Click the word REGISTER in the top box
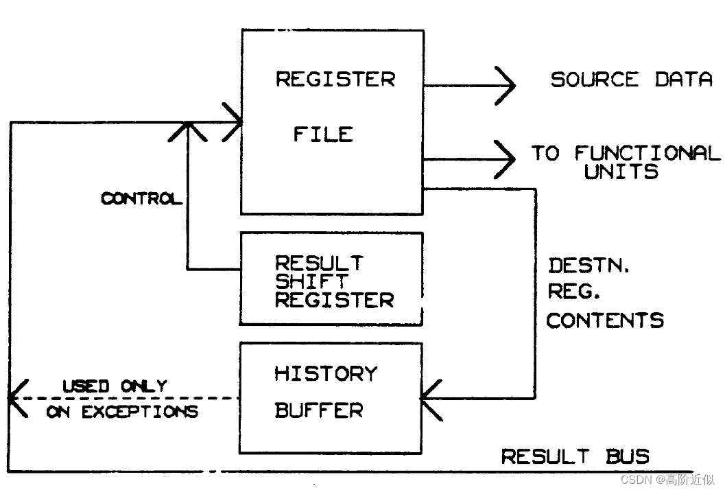(x=335, y=79)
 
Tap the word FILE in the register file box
(x=323, y=134)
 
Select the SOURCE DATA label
(x=631, y=79)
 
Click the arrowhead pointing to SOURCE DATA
(x=506, y=85)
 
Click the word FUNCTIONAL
(x=647, y=153)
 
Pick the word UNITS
(x=621, y=172)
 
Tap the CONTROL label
(x=142, y=199)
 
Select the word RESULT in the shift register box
(x=319, y=263)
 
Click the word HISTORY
(x=326, y=373)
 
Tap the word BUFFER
(x=318, y=410)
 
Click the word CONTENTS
(x=605, y=320)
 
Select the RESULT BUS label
(x=575, y=456)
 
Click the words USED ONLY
(x=115, y=386)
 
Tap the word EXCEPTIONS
(x=139, y=412)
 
